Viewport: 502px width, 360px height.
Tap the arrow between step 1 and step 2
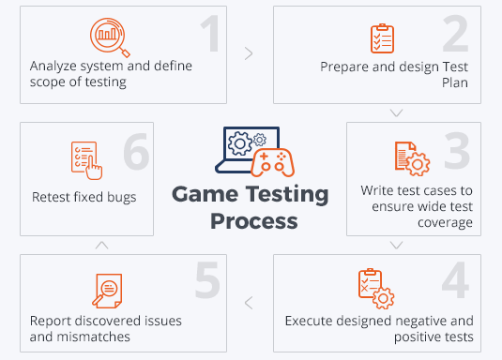(249, 53)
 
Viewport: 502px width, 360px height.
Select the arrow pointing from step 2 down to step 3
(396, 112)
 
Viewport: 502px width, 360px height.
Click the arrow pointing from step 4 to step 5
(249, 302)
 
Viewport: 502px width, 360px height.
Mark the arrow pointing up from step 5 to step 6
(101, 245)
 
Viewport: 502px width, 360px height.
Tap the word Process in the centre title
(253, 222)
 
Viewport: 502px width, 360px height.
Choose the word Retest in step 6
(52, 197)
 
